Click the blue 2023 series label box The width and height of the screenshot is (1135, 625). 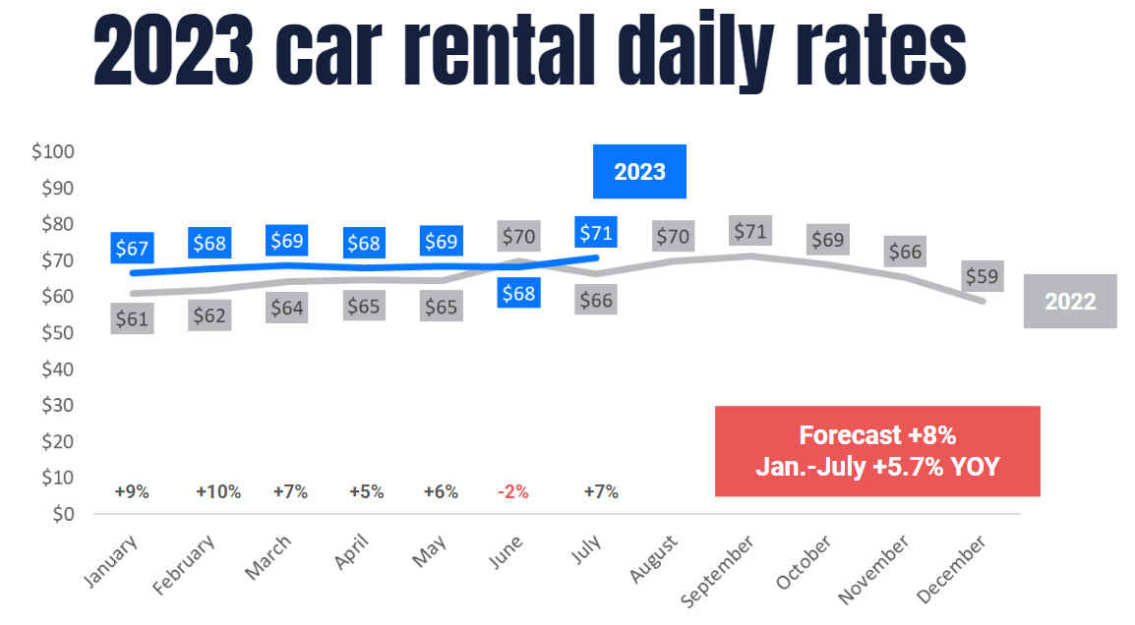[x=639, y=172]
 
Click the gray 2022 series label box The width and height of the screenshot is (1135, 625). [x=1070, y=301]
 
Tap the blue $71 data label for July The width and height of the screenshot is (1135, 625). [x=596, y=233]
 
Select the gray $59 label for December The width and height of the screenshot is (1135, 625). [x=982, y=277]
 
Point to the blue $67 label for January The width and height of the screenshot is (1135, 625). [x=132, y=249]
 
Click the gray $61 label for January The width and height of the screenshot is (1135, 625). [x=132, y=318]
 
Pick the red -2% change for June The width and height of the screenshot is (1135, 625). [x=514, y=492]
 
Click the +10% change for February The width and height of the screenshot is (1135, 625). [x=218, y=492]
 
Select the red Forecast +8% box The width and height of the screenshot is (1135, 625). [x=877, y=451]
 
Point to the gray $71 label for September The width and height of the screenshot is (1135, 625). [x=751, y=232]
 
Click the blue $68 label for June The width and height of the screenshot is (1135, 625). [x=518, y=293]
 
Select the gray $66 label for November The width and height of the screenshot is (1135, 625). [x=905, y=252]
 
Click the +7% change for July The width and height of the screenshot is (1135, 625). [x=601, y=492]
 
